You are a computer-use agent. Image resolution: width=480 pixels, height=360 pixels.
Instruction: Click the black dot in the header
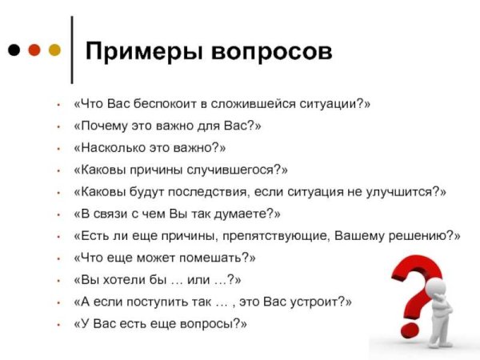pos(14,50)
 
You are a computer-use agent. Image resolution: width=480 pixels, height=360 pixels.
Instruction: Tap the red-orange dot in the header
pos(34,50)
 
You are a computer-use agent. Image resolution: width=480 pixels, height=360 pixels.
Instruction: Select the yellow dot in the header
pos(54,50)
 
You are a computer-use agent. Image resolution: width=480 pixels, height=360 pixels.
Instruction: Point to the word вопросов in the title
pos(271,50)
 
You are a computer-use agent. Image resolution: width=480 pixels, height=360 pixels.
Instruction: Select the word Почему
pos(104,126)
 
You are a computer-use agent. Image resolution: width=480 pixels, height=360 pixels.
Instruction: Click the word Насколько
pos(110,148)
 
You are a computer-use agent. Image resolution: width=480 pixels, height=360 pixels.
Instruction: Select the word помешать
pos(214,258)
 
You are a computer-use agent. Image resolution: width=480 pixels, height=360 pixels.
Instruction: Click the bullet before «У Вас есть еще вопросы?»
pos(59,324)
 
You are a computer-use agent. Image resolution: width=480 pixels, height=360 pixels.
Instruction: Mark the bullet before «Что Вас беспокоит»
pos(59,105)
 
